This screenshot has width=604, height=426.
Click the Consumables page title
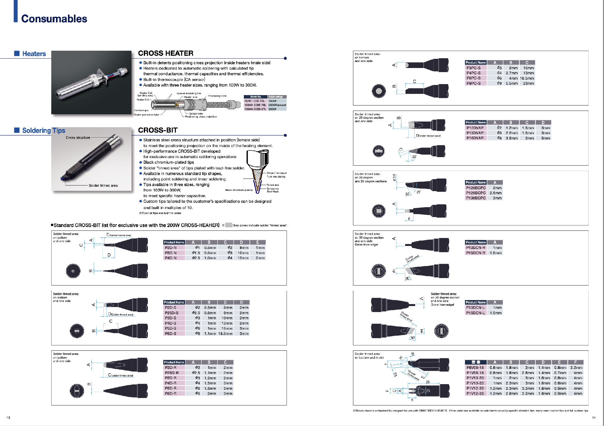point(54,19)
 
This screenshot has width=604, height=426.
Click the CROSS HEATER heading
point(165,53)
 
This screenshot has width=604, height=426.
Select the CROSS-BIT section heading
point(158,130)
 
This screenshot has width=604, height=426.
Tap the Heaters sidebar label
point(34,54)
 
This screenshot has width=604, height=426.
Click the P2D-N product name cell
point(171,248)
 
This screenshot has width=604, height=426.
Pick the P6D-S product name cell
point(171,333)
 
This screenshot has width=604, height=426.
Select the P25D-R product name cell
point(171,373)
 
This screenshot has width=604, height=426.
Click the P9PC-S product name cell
point(473,83)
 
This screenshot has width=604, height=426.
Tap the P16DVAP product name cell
point(475,138)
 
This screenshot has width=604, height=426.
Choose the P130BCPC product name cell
point(476,198)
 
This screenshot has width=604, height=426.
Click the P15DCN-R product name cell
point(475,253)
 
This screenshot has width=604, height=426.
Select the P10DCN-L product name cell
point(475,308)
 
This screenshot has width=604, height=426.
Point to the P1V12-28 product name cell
point(475,394)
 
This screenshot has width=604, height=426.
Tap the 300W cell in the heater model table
point(272,109)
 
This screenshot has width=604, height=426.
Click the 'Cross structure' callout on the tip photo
point(78,138)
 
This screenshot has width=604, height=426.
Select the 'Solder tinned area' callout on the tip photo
point(103,185)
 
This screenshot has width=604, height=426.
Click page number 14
point(594,417)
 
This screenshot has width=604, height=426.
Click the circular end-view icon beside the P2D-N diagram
point(73,271)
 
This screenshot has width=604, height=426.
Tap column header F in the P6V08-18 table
point(575,362)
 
